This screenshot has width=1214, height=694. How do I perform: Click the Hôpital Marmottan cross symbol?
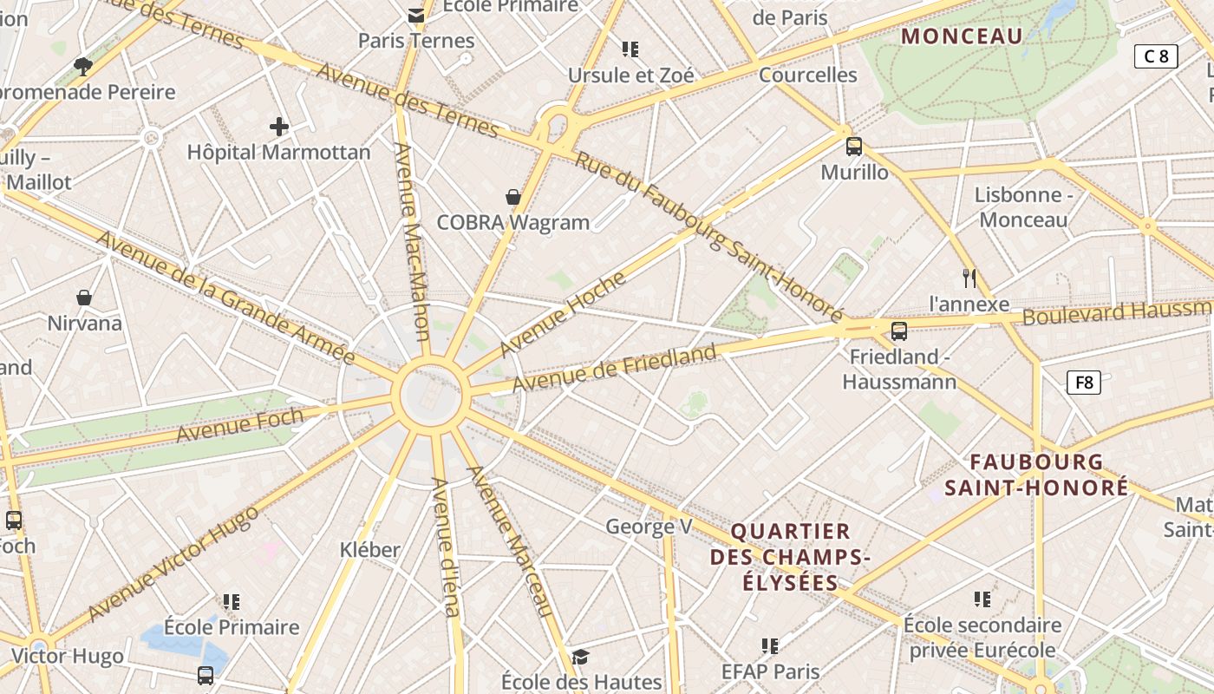click(278, 127)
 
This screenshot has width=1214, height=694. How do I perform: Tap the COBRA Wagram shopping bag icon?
click(513, 197)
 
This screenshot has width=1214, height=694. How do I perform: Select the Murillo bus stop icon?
click(854, 146)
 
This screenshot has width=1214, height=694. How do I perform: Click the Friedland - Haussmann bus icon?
click(899, 331)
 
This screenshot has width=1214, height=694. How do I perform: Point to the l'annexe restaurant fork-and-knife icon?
click(969, 278)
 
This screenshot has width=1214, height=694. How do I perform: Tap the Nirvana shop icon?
click(84, 298)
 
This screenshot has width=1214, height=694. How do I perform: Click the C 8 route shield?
click(1156, 56)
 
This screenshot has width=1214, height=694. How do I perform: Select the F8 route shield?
click(1084, 382)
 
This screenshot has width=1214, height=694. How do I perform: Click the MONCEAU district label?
click(962, 36)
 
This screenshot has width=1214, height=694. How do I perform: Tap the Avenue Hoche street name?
click(563, 314)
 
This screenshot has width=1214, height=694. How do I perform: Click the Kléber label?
click(370, 549)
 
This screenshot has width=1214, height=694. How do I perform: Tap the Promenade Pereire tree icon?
click(83, 66)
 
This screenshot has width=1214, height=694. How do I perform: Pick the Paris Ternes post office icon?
click(416, 15)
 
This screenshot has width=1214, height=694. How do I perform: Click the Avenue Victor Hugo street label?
click(173, 563)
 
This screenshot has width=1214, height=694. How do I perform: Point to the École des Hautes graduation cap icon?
click(580, 657)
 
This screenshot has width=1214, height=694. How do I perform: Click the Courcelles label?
click(807, 75)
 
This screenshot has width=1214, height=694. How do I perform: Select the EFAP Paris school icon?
click(769, 645)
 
